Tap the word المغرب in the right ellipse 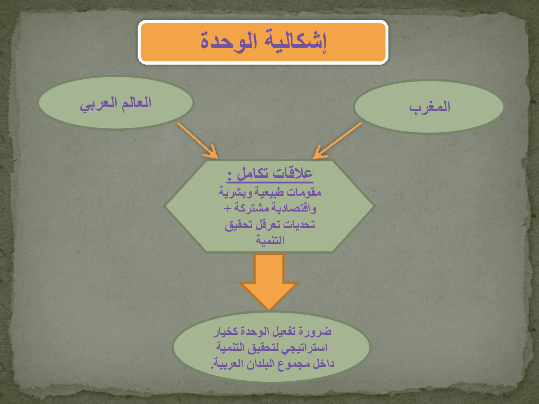point(430,107)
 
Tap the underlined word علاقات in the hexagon point(293,173)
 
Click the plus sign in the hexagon point(227,209)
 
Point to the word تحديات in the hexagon point(299,224)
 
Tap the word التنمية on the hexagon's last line point(270,240)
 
